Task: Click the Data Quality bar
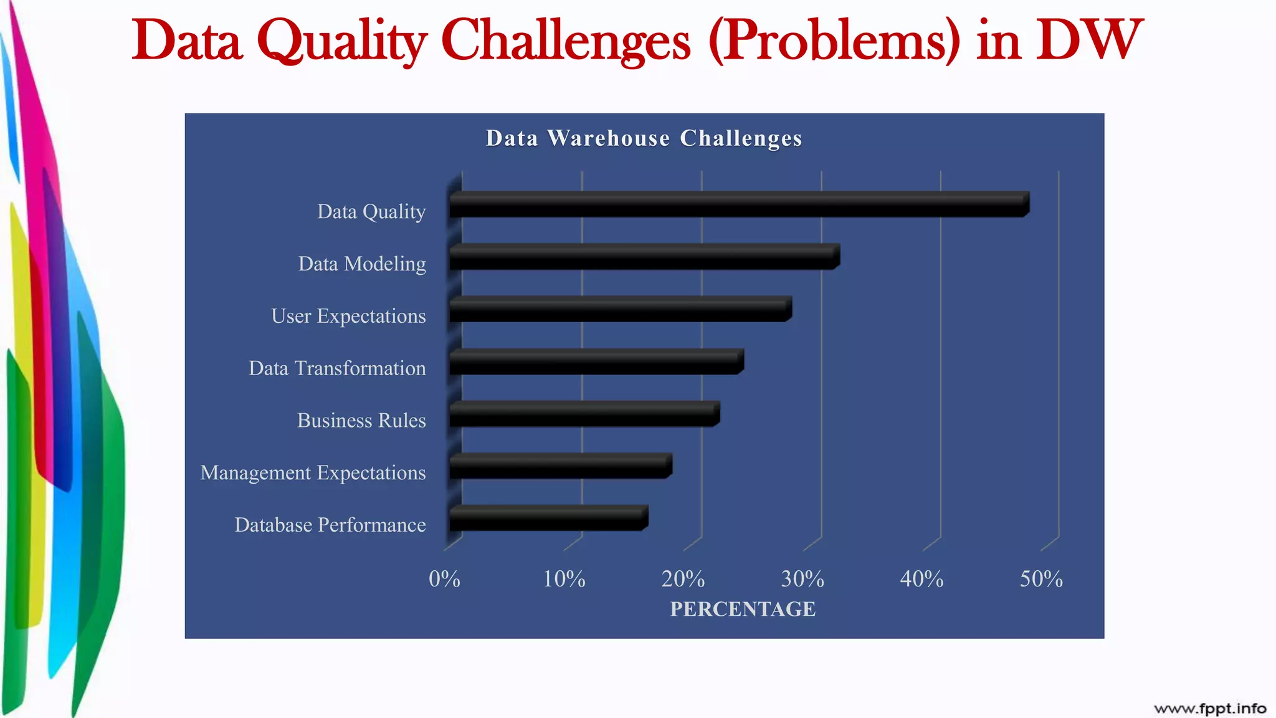point(738,204)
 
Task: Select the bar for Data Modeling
point(644,257)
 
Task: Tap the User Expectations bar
point(620,309)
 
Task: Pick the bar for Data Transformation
point(596,361)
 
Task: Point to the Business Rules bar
point(584,414)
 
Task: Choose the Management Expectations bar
point(560,466)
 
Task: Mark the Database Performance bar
point(548,519)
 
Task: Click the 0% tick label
point(444,579)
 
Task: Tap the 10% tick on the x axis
point(564,579)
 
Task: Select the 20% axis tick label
point(683,579)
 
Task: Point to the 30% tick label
point(802,579)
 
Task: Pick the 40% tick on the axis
point(921,579)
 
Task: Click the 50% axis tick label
point(1041,579)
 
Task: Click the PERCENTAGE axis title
point(743,609)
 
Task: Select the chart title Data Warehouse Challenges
point(644,138)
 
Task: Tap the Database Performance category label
point(330,525)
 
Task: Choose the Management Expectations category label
point(313,472)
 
